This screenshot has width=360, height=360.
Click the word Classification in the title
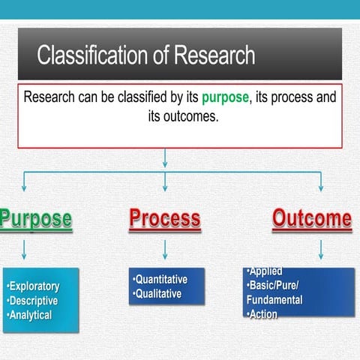tap(92, 55)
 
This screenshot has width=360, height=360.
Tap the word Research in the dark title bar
tap(214, 55)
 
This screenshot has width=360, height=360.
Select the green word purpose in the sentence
tap(225, 97)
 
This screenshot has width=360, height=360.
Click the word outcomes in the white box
tap(190, 116)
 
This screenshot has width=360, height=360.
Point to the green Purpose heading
tap(36, 219)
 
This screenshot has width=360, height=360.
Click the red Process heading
tap(165, 218)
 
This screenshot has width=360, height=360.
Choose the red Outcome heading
tap(312, 218)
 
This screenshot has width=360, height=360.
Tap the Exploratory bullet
tap(33, 286)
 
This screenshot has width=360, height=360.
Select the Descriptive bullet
tap(32, 301)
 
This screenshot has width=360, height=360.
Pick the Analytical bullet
tap(29, 315)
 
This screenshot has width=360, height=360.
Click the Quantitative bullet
tap(160, 279)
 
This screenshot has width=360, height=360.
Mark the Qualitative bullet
tap(157, 294)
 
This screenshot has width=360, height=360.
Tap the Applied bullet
tap(265, 271)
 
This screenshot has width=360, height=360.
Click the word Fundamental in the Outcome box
tap(274, 300)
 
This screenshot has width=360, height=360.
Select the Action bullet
tap(262, 314)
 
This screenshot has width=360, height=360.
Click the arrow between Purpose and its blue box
tap(24, 250)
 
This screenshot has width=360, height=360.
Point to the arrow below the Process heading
tap(165, 250)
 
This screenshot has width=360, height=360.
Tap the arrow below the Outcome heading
tap(321, 250)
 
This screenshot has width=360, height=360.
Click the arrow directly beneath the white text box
tap(165, 158)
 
